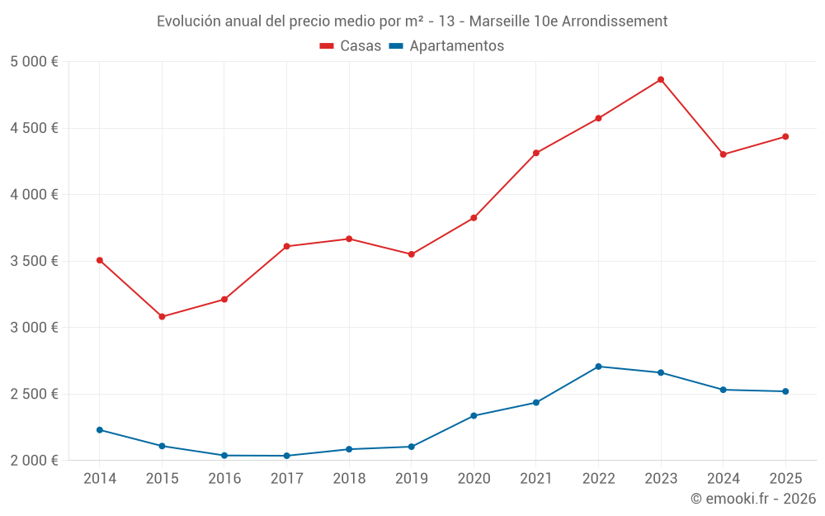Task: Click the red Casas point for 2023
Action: [x=661, y=79]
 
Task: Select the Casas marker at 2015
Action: [x=162, y=316]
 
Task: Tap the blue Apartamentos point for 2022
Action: [x=598, y=367]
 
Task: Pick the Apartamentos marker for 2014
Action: [x=100, y=430]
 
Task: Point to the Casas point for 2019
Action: [x=411, y=254]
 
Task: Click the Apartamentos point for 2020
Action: [x=474, y=415]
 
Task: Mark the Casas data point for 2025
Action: [x=785, y=136]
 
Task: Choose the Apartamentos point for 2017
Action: [x=286, y=456]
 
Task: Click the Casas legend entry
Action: [x=351, y=46]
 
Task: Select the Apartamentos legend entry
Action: [x=446, y=46]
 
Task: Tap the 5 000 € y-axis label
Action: [x=34, y=62]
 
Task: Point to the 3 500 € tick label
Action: [x=34, y=261]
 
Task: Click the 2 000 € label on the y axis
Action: [x=34, y=460]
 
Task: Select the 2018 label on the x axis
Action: [x=349, y=478]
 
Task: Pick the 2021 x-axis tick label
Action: [x=536, y=478]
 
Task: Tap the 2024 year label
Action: [x=723, y=478]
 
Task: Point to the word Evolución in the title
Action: [x=189, y=21]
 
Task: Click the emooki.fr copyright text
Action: [x=753, y=499]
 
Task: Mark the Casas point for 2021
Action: [x=536, y=153]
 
